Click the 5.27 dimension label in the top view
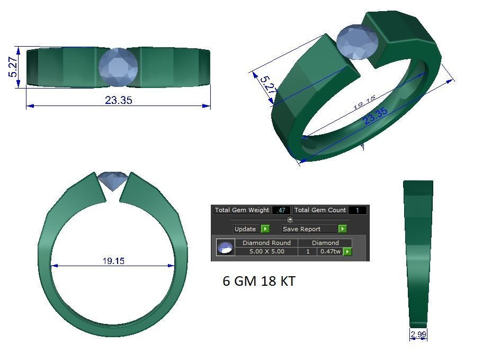pos(13,67)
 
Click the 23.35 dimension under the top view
pos(118,100)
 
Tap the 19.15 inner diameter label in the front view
pos(113,261)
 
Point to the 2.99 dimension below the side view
pos(418,334)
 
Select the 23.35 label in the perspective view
pos(375,117)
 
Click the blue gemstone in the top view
pos(118,67)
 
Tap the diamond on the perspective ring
pos(358,42)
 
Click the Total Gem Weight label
pos(242,210)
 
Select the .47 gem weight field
pos(281,210)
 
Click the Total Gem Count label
pos(320,210)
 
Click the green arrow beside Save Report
pos(343,229)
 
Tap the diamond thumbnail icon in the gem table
pos(225,247)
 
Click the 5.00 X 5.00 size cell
pos(266,251)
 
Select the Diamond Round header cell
pos(266,243)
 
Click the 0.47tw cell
pos(330,251)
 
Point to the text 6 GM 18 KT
pos(258,281)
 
